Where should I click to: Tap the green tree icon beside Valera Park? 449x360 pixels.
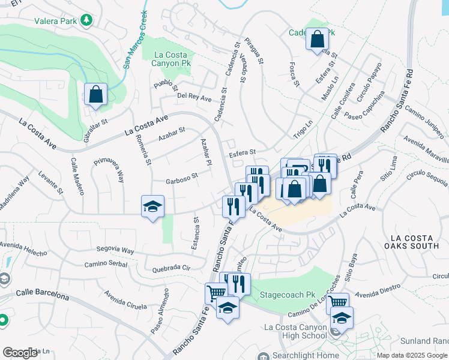(x=88, y=20)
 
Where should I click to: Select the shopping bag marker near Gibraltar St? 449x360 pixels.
(x=95, y=94)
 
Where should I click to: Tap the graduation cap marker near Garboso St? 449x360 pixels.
(x=152, y=207)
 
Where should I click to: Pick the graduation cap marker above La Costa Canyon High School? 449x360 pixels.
(x=342, y=317)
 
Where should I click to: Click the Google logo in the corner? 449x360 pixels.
(x=20, y=353)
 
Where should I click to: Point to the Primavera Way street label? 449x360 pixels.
(x=109, y=170)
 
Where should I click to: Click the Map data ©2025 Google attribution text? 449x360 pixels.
(x=412, y=356)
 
